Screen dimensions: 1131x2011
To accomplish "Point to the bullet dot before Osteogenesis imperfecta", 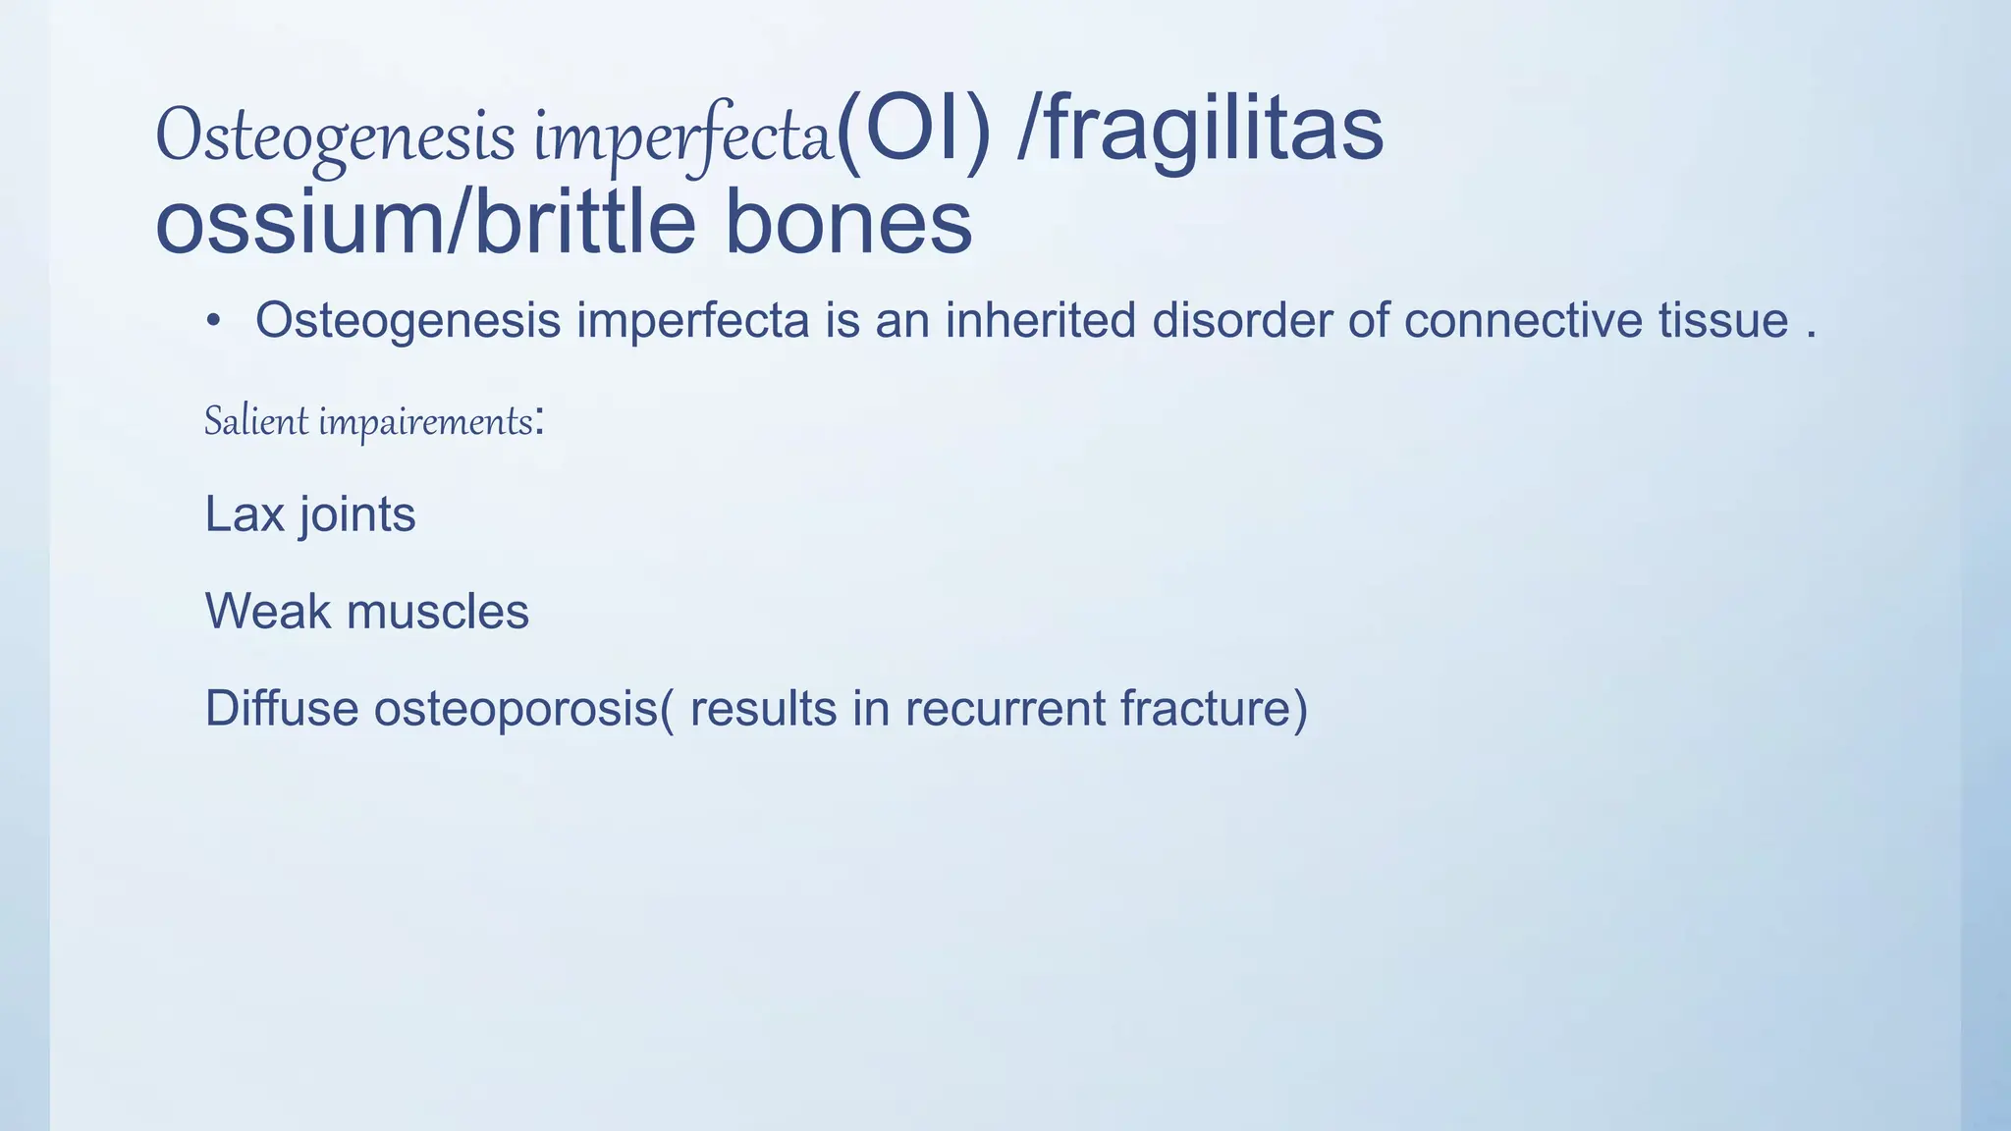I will pos(213,321).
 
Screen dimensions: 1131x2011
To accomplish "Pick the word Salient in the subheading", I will pos(256,422).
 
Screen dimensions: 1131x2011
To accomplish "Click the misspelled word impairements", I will pos(425,423).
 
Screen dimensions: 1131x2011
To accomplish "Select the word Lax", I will pos(244,513).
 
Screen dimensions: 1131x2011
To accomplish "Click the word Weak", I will pos(267,611).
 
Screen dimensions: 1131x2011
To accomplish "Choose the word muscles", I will pos(438,611).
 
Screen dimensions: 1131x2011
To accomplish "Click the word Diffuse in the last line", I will pos(281,708).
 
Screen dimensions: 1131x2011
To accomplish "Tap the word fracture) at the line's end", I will pos(1214,709).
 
